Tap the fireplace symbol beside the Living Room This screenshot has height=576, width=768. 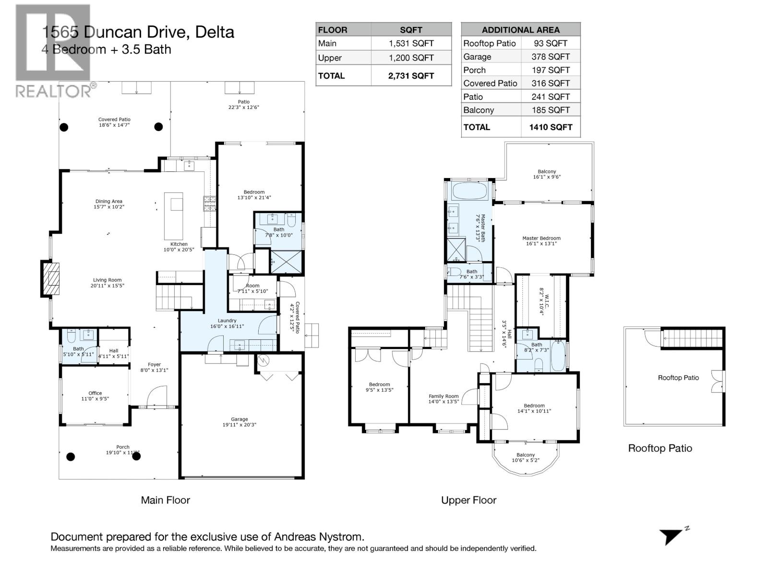(51, 278)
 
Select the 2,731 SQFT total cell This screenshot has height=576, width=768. (411, 76)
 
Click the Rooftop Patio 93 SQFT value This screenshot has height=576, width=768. (550, 43)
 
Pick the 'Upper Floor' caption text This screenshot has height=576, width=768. (468, 500)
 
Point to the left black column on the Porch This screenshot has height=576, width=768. (71, 456)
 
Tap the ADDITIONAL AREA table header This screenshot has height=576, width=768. (520, 30)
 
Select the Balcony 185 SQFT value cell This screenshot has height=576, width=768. (550, 110)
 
